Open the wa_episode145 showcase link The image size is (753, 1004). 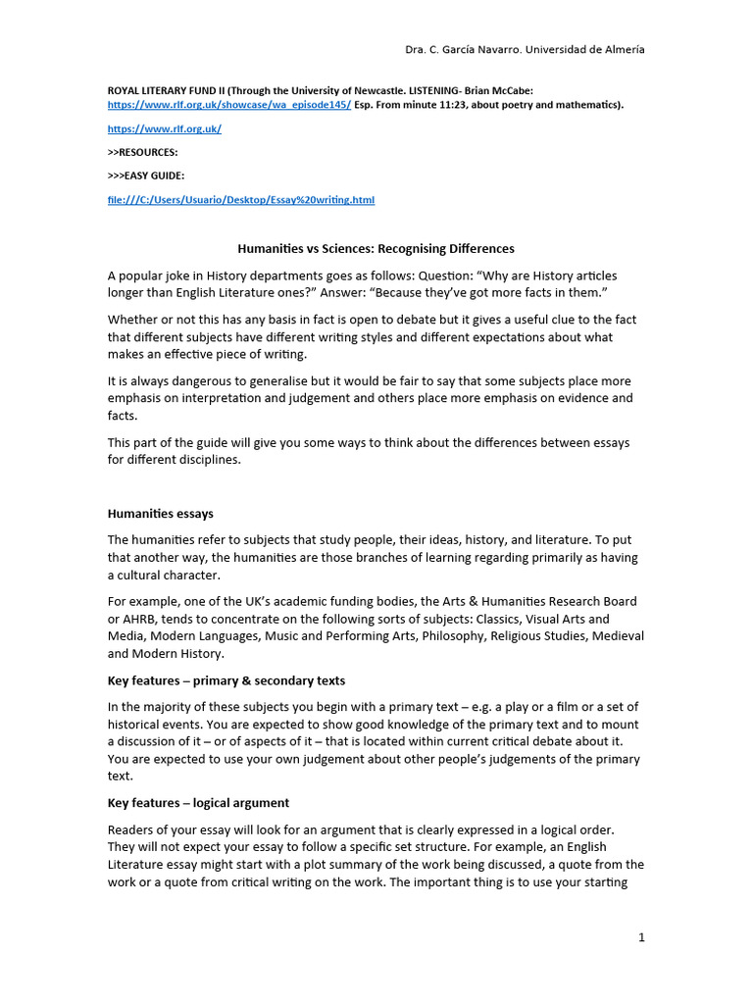click(228, 104)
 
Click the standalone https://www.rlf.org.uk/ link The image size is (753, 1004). click(164, 129)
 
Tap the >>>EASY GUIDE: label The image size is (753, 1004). click(146, 176)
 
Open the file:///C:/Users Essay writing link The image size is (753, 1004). click(240, 200)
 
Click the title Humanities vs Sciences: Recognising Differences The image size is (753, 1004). click(376, 249)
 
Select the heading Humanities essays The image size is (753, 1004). click(160, 514)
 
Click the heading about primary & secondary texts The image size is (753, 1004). click(226, 680)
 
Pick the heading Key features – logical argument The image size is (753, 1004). click(198, 803)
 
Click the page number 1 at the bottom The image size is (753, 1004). click(641, 938)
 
